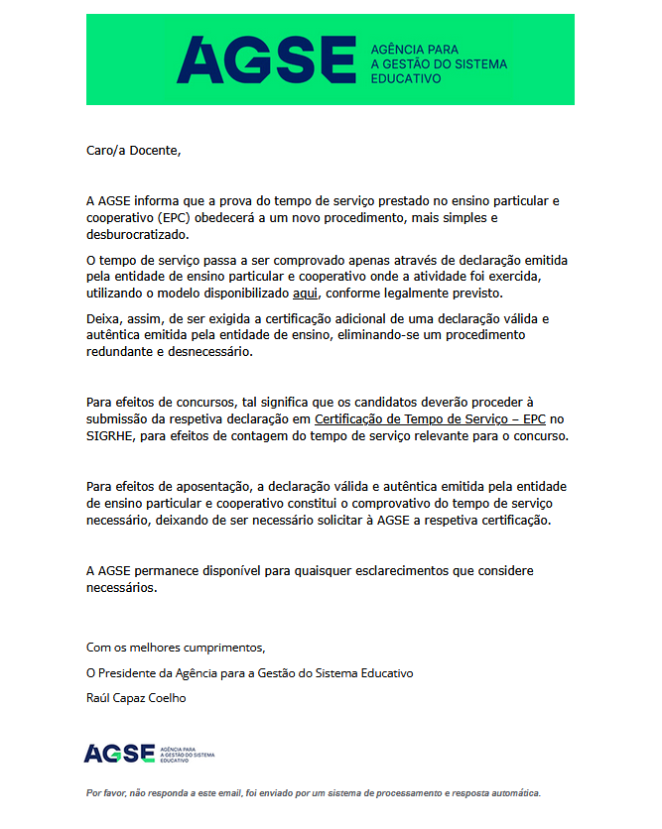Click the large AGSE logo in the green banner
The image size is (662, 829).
click(265, 59)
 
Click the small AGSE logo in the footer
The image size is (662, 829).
click(119, 753)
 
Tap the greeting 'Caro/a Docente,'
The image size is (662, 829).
click(134, 151)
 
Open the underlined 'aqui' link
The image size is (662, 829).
click(305, 295)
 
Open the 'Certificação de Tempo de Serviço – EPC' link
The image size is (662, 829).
click(431, 419)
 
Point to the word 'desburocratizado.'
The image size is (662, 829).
click(137, 235)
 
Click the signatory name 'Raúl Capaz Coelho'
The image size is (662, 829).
click(137, 697)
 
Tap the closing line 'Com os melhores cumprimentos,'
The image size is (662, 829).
click(177, 648)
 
